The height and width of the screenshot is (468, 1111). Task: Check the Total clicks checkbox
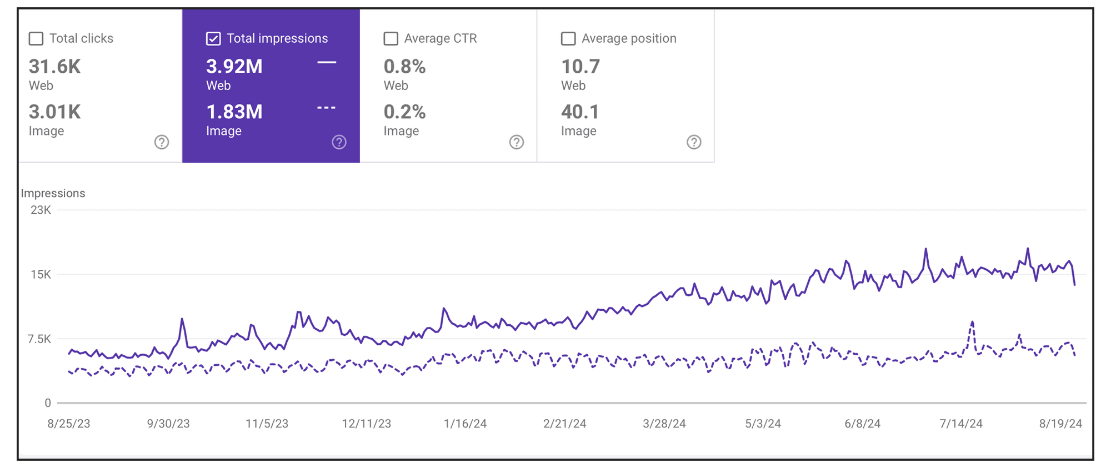click(36, 38)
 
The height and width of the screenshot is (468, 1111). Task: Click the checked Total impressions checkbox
click(213, 38)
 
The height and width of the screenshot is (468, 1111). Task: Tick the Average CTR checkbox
click(391, 38)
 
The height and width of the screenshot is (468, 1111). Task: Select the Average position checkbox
click(568, 38)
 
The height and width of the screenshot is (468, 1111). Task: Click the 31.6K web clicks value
click(54, 67)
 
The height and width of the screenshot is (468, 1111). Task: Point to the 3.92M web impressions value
click(234, 67)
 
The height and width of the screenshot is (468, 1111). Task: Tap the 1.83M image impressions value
click(234, 112)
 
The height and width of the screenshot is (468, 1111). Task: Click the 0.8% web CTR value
click(404, 67)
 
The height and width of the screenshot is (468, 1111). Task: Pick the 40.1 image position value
click(580, 112)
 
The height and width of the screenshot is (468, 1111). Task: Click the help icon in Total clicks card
click(162, 142)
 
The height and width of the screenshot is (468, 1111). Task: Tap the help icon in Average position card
click(694, 142)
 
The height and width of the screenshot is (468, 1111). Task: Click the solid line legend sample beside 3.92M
click(327, 62)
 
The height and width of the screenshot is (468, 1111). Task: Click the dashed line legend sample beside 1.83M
click(327, 107)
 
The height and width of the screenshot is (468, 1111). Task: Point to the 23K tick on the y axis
click(41, 210)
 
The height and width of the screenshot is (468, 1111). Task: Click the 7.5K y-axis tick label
click(39, 339)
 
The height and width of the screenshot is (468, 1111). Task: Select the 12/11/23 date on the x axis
click(366, 424)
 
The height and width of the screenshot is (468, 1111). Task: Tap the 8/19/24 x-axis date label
click(1060, 424)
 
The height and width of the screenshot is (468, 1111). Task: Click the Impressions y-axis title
click(53, 193)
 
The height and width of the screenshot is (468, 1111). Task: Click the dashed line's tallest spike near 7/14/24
click(972, 322)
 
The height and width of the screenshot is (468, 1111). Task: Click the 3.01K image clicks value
click(54, 112)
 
